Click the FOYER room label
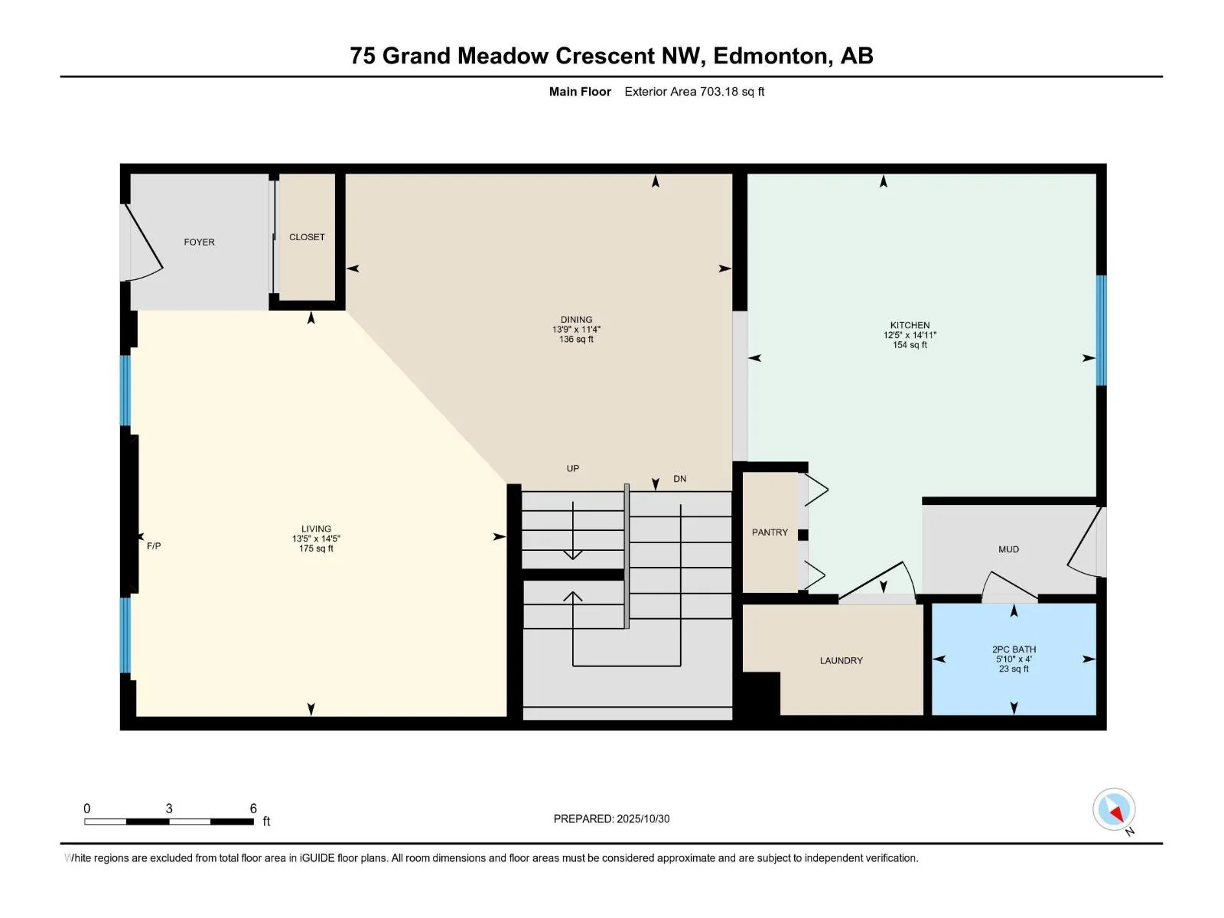coord(199,242)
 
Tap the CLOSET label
coord(307,237)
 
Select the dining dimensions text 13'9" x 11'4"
coord(576,330)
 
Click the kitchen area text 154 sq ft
coord(910,345)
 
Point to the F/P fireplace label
coord(154,546)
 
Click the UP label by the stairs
coord(572,468)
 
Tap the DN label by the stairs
coord(679,479)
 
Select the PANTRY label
coord(770,532)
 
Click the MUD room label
coord(1008,549)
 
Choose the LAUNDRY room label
coord(841,660)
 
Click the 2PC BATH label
coord(1014,649)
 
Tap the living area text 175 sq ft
coord(316,549)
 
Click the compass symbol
coord(1114,809)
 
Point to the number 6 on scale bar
coord(253,809)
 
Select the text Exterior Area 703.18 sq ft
coord(694,92)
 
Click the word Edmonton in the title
coord(770,56)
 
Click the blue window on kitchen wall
coord(1101,330)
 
